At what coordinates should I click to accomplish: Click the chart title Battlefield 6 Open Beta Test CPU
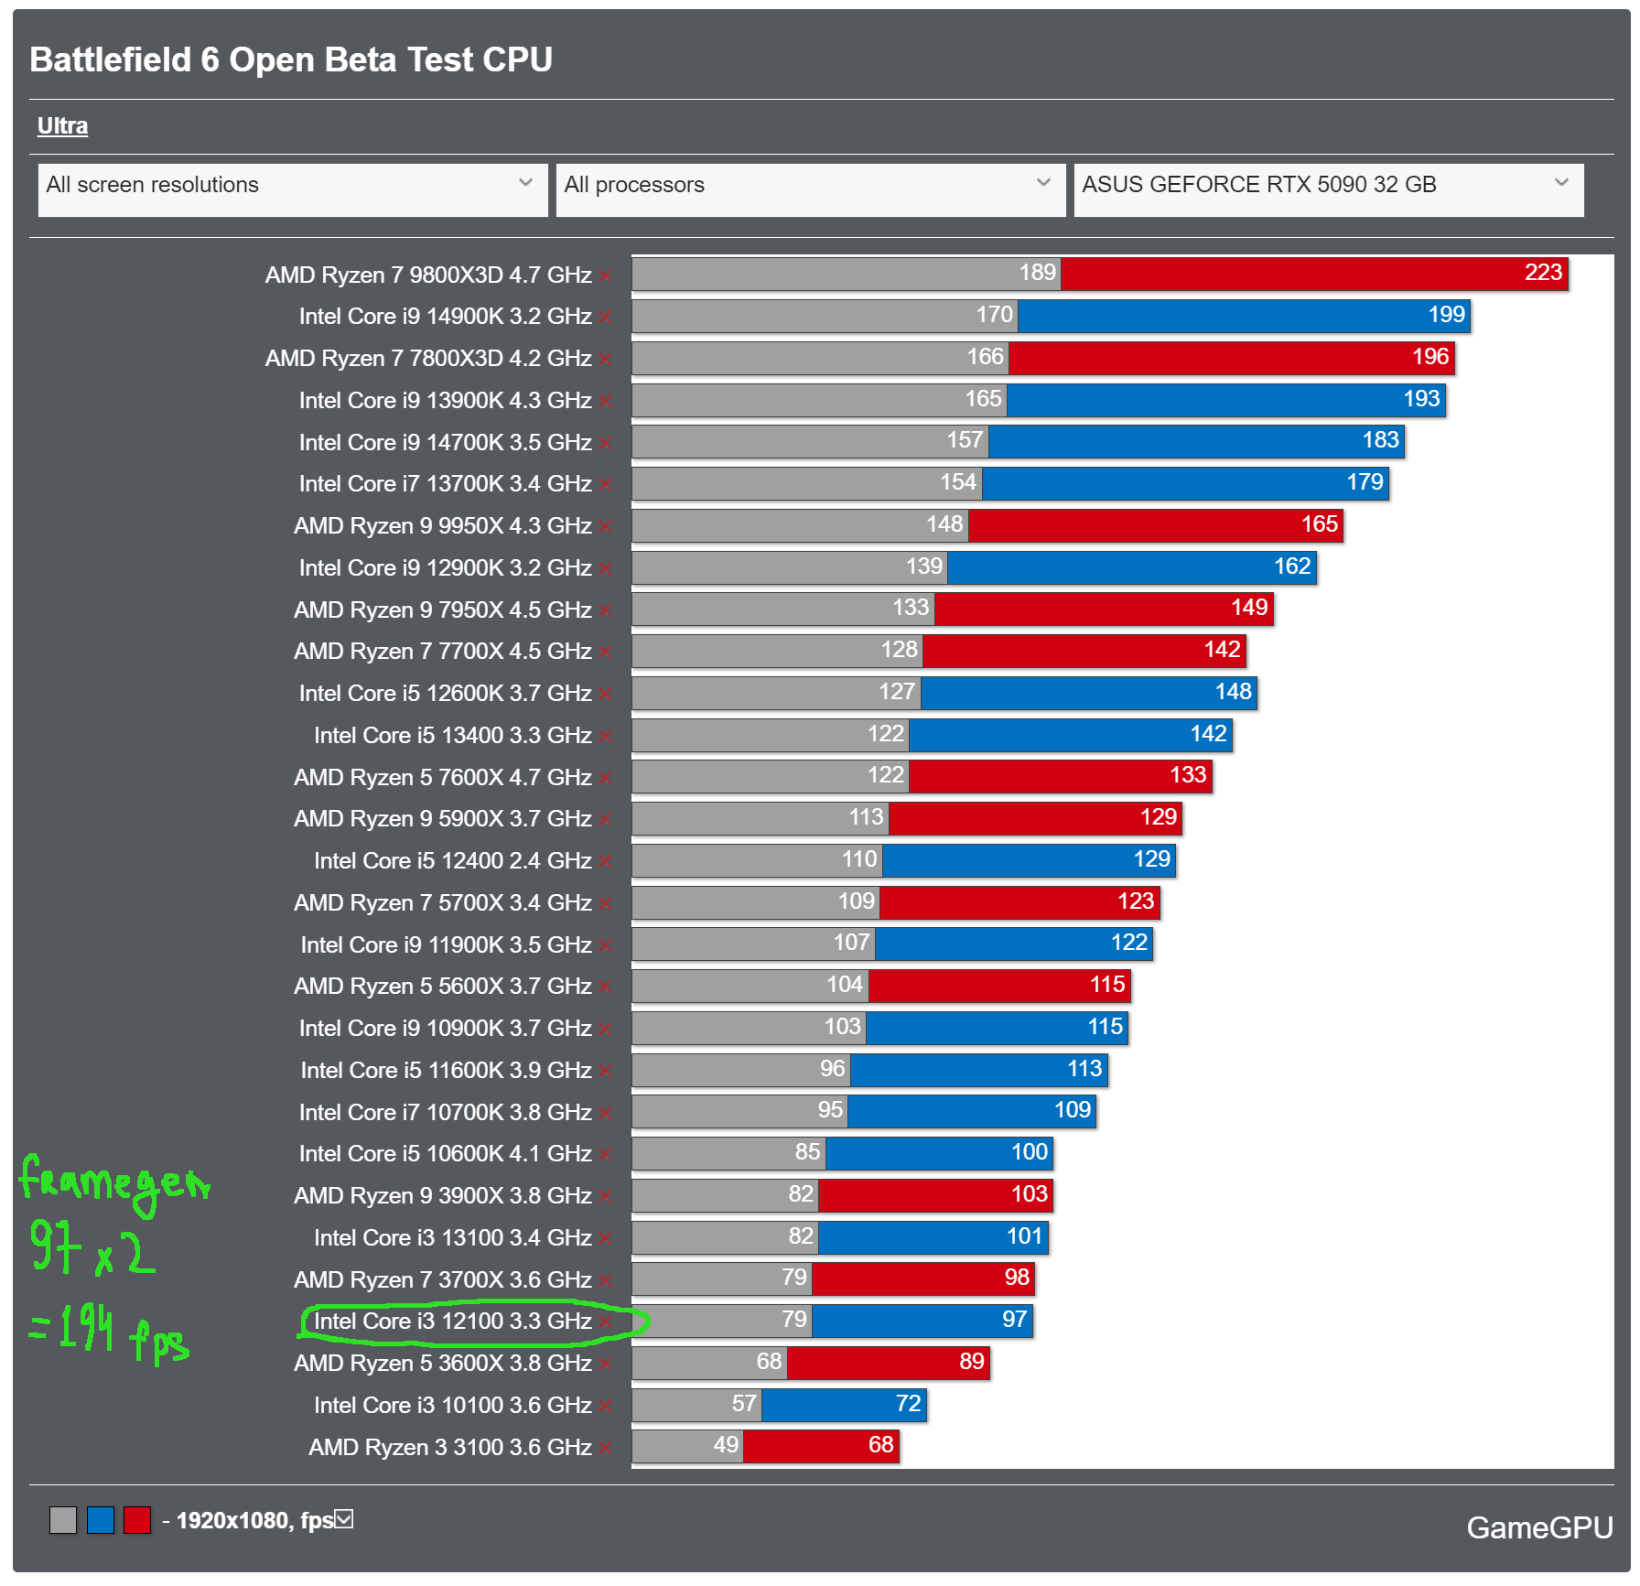(291, 59)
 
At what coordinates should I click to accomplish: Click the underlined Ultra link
(62, 125)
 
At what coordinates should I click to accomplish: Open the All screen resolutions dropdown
(292, 186)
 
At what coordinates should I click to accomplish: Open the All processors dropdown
(810, 186)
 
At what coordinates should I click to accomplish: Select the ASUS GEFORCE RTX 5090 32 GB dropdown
(1328, 186)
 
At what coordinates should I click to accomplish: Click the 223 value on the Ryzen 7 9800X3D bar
(1543, 273)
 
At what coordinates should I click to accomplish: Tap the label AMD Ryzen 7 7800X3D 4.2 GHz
(428, 358)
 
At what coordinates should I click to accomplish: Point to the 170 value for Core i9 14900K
(994, 315)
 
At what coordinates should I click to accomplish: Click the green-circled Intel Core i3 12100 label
(453, 1321)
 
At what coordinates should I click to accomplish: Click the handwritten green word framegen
(114, 1181)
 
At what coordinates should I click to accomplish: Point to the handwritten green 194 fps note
(110, 1332)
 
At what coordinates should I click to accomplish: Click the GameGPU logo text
(1539, 1527)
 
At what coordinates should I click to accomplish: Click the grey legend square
(63, 1520)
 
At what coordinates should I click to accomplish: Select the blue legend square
(101, 1520)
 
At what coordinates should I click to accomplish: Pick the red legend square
(137, 1520)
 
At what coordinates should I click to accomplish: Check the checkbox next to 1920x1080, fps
(344, 1519)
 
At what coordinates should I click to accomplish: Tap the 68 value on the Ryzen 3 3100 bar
(880, 1445)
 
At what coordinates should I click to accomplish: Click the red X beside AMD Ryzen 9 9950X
(606, 527)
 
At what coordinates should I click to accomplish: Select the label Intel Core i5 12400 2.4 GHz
(453, 860)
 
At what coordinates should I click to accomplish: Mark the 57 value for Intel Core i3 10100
(744, 1404)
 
